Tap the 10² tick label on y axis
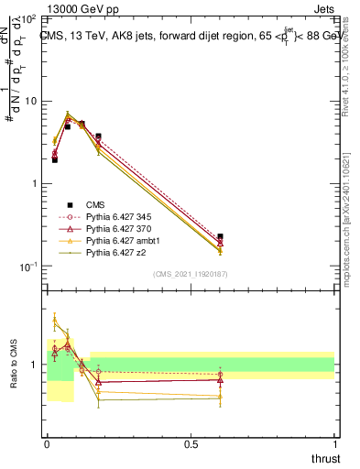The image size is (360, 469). point(28,18)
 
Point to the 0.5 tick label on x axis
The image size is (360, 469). point(191,443)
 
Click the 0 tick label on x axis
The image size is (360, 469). point(47,443)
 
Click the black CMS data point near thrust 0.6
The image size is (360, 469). point(220,237)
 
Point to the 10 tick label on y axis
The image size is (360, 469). point(31,101)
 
